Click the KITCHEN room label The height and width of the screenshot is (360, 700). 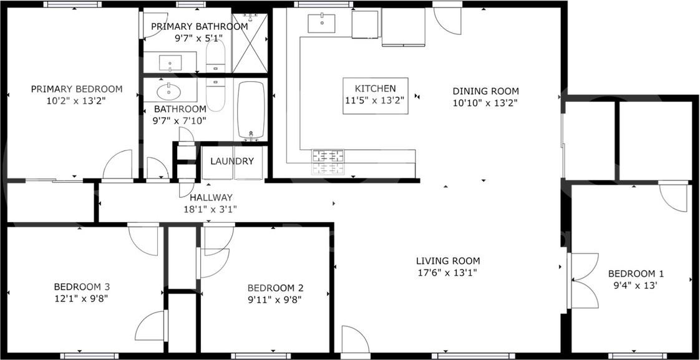pyautogui.click(x=376, y=89)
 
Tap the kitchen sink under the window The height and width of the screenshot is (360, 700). pyautogui.click(x=321, y=23)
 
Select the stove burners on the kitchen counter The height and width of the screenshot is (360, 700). pyautogui.click(x=328, y=162)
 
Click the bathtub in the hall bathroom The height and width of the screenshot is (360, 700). pyautogui.click(x=251, y=109)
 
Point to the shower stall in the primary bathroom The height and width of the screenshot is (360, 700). pyautogui.click(x=250, y=42)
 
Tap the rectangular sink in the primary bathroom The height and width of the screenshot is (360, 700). pyautogui.click(x=170, y=63)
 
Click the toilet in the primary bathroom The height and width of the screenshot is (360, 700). pyautogui.click(x=215, y=59)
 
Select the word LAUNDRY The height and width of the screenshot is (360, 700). pyautogui.click(x=231, y=161)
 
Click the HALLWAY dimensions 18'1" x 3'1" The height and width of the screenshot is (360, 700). pyautogui.click(x=210, y=210)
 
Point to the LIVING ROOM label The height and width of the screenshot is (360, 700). pyautogui.click(x=448, y=261)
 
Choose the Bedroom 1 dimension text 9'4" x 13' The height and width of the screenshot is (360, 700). pyautogui.click(x=636, y=286)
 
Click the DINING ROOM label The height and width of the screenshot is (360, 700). pyautogui.click(x=485, y=91)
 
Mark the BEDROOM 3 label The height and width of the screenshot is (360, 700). pyautogui.click(x=82, y=286)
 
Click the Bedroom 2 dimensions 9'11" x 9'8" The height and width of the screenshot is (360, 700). pyautogui.click(x=275, y=299)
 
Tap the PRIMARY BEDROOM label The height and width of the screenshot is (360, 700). pyautogui.click(x=77, y=89)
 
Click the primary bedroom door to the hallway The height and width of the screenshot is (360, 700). pyautogui.click(x=117, y=166)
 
